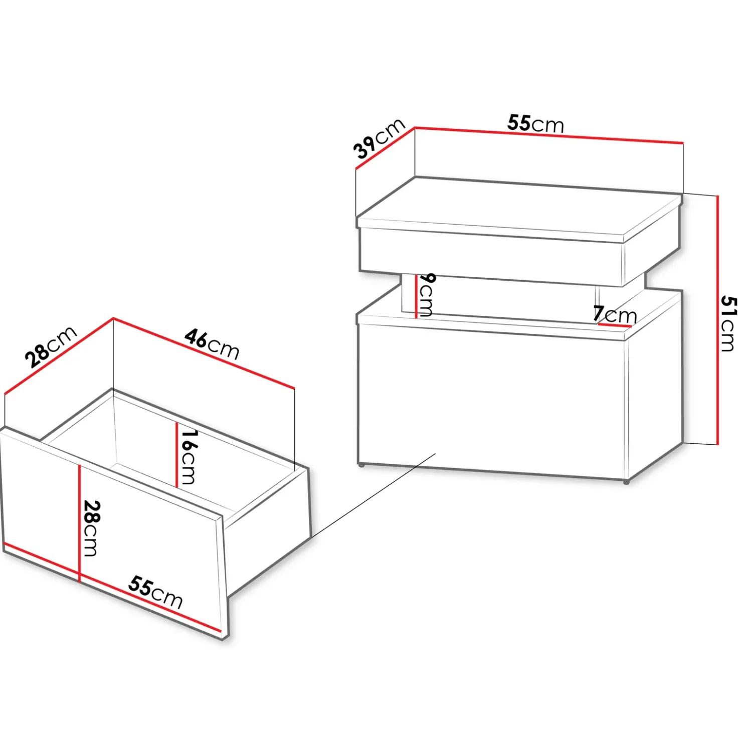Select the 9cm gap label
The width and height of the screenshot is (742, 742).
pos(426,295)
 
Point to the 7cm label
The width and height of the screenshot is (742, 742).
pos(615,314)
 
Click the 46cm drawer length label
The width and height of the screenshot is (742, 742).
pos(212,344)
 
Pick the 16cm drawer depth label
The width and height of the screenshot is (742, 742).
pos(189,457)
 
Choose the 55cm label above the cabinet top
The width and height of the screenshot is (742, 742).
pos(535,123)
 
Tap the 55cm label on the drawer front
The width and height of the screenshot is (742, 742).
pos(155,592)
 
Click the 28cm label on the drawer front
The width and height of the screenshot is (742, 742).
pos(91,528)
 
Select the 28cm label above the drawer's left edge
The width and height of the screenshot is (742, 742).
pos(51,346)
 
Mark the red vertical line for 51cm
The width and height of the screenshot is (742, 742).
pos(718,320)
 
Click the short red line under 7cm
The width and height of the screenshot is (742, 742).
pos(614,326)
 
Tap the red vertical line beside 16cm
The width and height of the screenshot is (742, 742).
pos(177,455)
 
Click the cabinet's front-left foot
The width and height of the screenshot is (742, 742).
pos(361,466)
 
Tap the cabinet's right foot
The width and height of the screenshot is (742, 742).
pos(626,482)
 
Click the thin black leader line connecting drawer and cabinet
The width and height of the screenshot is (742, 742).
pos(373,495)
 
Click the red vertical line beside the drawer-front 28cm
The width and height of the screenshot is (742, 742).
pos(80,523)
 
